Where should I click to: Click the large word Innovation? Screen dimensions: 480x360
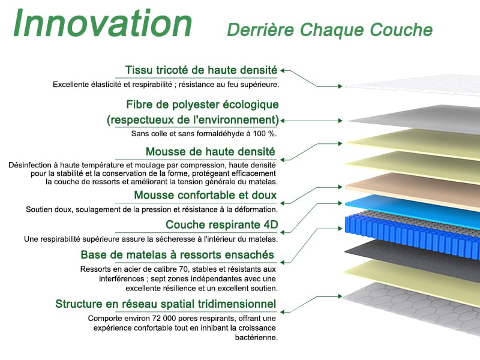coord(103,23)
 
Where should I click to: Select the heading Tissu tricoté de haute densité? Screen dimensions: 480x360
coord(201,70)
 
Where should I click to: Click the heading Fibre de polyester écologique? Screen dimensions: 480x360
coord(202,104)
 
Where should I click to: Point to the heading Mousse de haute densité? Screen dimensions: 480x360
coord(211,152)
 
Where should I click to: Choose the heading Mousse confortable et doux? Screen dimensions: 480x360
coord(205,195)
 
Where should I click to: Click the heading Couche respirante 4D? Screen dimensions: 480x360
coord(221,224)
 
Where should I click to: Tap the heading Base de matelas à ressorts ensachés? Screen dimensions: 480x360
coord(177,254)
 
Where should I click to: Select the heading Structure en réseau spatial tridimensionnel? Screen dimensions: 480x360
coord(166,304)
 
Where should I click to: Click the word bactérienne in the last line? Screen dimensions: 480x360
coord(256,337)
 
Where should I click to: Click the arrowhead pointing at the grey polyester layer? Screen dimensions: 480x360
coord(340,121)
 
